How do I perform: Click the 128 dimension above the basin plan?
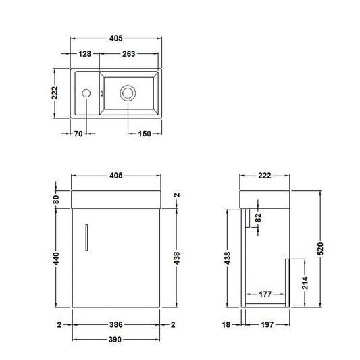84,54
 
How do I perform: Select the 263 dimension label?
129,54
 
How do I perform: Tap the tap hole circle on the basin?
86,93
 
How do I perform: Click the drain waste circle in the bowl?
128,93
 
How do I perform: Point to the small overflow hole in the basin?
102,93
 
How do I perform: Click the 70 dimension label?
78,134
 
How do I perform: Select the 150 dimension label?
145,134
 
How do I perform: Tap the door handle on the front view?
86,237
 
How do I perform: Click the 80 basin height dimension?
56,199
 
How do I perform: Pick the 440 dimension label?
56,259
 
